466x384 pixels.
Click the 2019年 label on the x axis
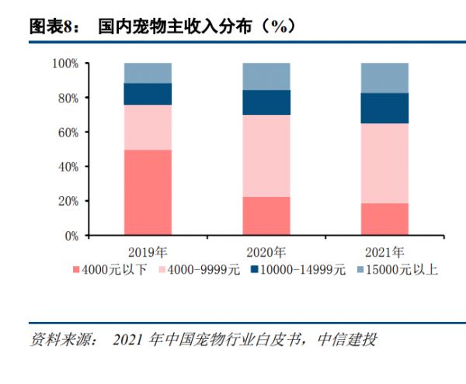click(148, 253)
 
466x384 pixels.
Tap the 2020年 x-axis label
click(266, 253)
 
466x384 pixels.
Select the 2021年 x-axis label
click(384, 253)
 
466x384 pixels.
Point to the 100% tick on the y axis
click(65, 64)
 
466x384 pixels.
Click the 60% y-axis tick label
click(68, 133)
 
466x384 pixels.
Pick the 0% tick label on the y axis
click(71, 236)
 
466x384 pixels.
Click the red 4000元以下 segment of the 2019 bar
click(148, 192)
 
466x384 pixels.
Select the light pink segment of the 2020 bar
click(266, 156)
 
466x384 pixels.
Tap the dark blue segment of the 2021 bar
click(384, 109)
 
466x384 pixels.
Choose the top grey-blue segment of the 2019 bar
click(148, 73)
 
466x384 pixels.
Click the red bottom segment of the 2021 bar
click(384, 220)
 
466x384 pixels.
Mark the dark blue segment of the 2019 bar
click(148, 94)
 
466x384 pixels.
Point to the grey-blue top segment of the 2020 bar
click(266, 77)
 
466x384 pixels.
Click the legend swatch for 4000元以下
click(76, 270)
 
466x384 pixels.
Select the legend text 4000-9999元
click(203, 270)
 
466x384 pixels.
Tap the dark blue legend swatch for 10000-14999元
click(255, 269)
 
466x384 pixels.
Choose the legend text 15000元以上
click(402, 270)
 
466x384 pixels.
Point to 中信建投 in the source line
click(347, 339)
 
